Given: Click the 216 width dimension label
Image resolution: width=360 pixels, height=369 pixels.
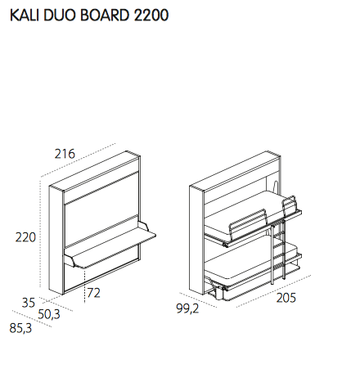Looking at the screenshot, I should (x=65, y=154).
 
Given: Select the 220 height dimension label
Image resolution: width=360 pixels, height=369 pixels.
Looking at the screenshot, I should (x=27, y=238).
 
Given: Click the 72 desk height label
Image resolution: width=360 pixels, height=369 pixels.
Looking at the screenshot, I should (x=94, y=292).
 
